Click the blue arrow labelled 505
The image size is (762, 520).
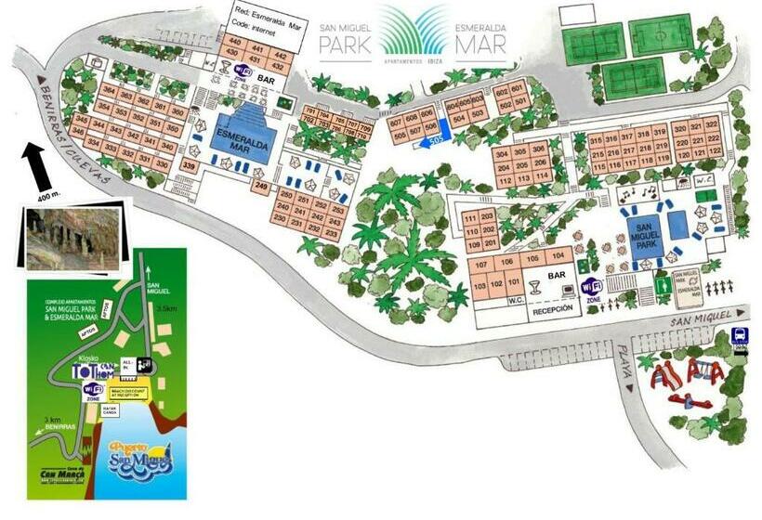click(431, 142)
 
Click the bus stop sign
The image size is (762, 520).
click(740, 337)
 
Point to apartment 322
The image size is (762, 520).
click(714, 126)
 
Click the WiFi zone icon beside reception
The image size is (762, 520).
click(592, 288)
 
